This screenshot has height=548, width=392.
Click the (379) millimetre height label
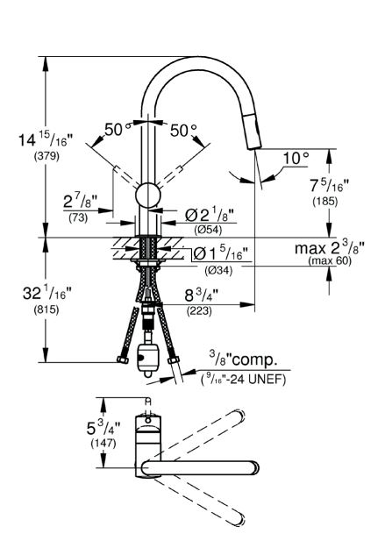click(46, 157)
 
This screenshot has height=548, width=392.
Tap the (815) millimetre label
click(46, 310)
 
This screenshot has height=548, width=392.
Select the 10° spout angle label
click(296, 159)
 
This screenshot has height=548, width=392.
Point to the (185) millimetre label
click(324, 201)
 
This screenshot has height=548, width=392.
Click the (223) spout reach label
click(199, 310)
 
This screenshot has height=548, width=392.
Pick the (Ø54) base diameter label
click(208, 230)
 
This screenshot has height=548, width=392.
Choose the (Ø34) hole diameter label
click(218, 270)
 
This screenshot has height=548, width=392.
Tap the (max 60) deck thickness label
click(330, 260)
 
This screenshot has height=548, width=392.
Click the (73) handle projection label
click(78, 218)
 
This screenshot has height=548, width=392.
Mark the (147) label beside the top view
click(103, 443)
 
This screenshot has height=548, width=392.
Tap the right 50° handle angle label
click(183, 131)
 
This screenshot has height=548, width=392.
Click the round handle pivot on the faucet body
click(148, 195)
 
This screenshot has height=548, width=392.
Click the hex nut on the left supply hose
click(122, 359)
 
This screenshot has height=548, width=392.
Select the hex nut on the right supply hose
click(173, 359)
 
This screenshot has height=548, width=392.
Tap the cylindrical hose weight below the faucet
click(146, 359)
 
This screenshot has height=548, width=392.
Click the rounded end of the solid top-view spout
click(253, 468)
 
